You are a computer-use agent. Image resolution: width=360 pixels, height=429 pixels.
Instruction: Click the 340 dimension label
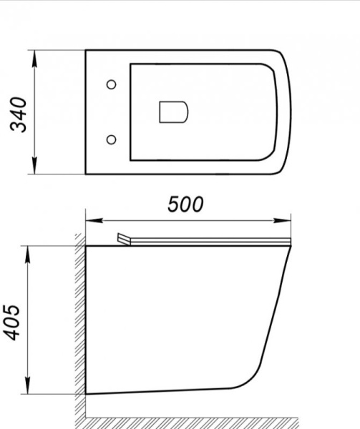19,113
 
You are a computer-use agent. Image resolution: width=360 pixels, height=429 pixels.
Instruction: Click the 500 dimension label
185,204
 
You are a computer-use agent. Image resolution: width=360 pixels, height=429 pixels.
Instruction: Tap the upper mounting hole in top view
110,85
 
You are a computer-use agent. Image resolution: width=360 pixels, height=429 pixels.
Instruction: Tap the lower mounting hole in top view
110,138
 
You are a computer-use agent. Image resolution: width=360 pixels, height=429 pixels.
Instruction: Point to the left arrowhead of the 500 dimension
90,219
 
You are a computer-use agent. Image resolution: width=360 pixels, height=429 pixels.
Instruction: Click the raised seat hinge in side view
123,239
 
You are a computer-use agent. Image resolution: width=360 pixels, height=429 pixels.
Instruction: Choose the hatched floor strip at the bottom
215,421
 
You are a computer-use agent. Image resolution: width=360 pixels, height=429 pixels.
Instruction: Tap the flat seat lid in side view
208,242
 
